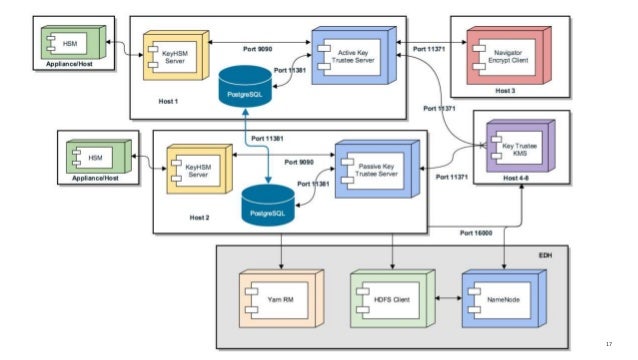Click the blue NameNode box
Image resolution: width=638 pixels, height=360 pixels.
(x=496, y=298)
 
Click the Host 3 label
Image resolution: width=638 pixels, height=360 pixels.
(x=506, y=91)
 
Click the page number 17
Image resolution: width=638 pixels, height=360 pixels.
(x=608, y=345)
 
